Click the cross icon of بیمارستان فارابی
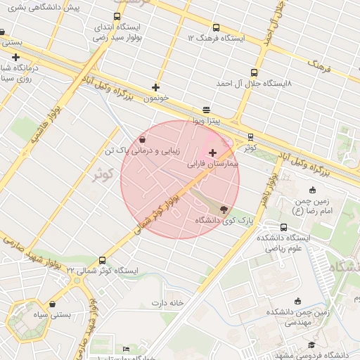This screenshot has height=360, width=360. click(212, 153)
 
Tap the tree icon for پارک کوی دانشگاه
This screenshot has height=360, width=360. click(224, 210)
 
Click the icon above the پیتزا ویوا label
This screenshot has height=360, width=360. click(205, 110)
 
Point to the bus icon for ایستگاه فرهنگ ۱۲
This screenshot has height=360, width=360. click(191, 26)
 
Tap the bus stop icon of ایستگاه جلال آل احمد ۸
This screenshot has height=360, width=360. click(254, 72)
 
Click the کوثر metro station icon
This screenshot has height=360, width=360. click(251, 137)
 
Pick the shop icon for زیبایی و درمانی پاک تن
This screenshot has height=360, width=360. click(143, 139)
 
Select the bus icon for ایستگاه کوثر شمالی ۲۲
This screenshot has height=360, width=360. click(103, 261)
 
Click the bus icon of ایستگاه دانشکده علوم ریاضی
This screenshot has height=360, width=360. click(283, 227)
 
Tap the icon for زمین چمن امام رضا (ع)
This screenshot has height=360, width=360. click(312, 190)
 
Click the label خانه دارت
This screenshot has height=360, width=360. click(166, 303)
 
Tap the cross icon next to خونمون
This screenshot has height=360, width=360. click(155, 88)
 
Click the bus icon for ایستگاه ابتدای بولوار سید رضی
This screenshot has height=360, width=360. click(117, 16)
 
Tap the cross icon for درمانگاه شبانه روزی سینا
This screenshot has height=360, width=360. click(15, 57)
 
